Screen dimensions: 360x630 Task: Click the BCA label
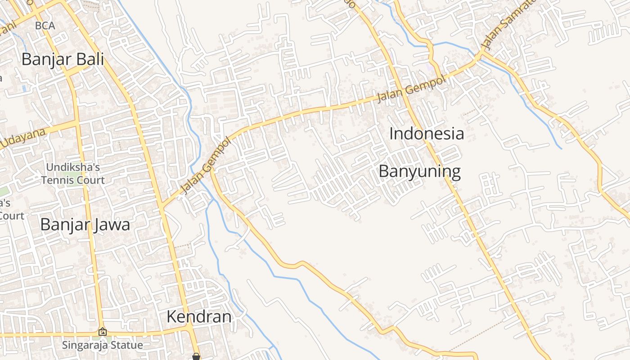click(x=45, y=26)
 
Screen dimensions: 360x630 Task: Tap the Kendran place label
click(x=199, y=317)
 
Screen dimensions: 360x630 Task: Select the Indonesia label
click(x=426, y=134)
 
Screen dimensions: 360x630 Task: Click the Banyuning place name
click(x=420, y=171)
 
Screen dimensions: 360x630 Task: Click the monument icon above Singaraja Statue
click(x=103, y=332)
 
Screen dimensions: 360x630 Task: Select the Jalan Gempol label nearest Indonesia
click(x=411, y=88)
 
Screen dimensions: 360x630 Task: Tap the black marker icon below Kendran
click(x=196, y=356)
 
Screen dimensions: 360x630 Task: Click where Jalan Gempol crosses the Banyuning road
click(x=396, y=93)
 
